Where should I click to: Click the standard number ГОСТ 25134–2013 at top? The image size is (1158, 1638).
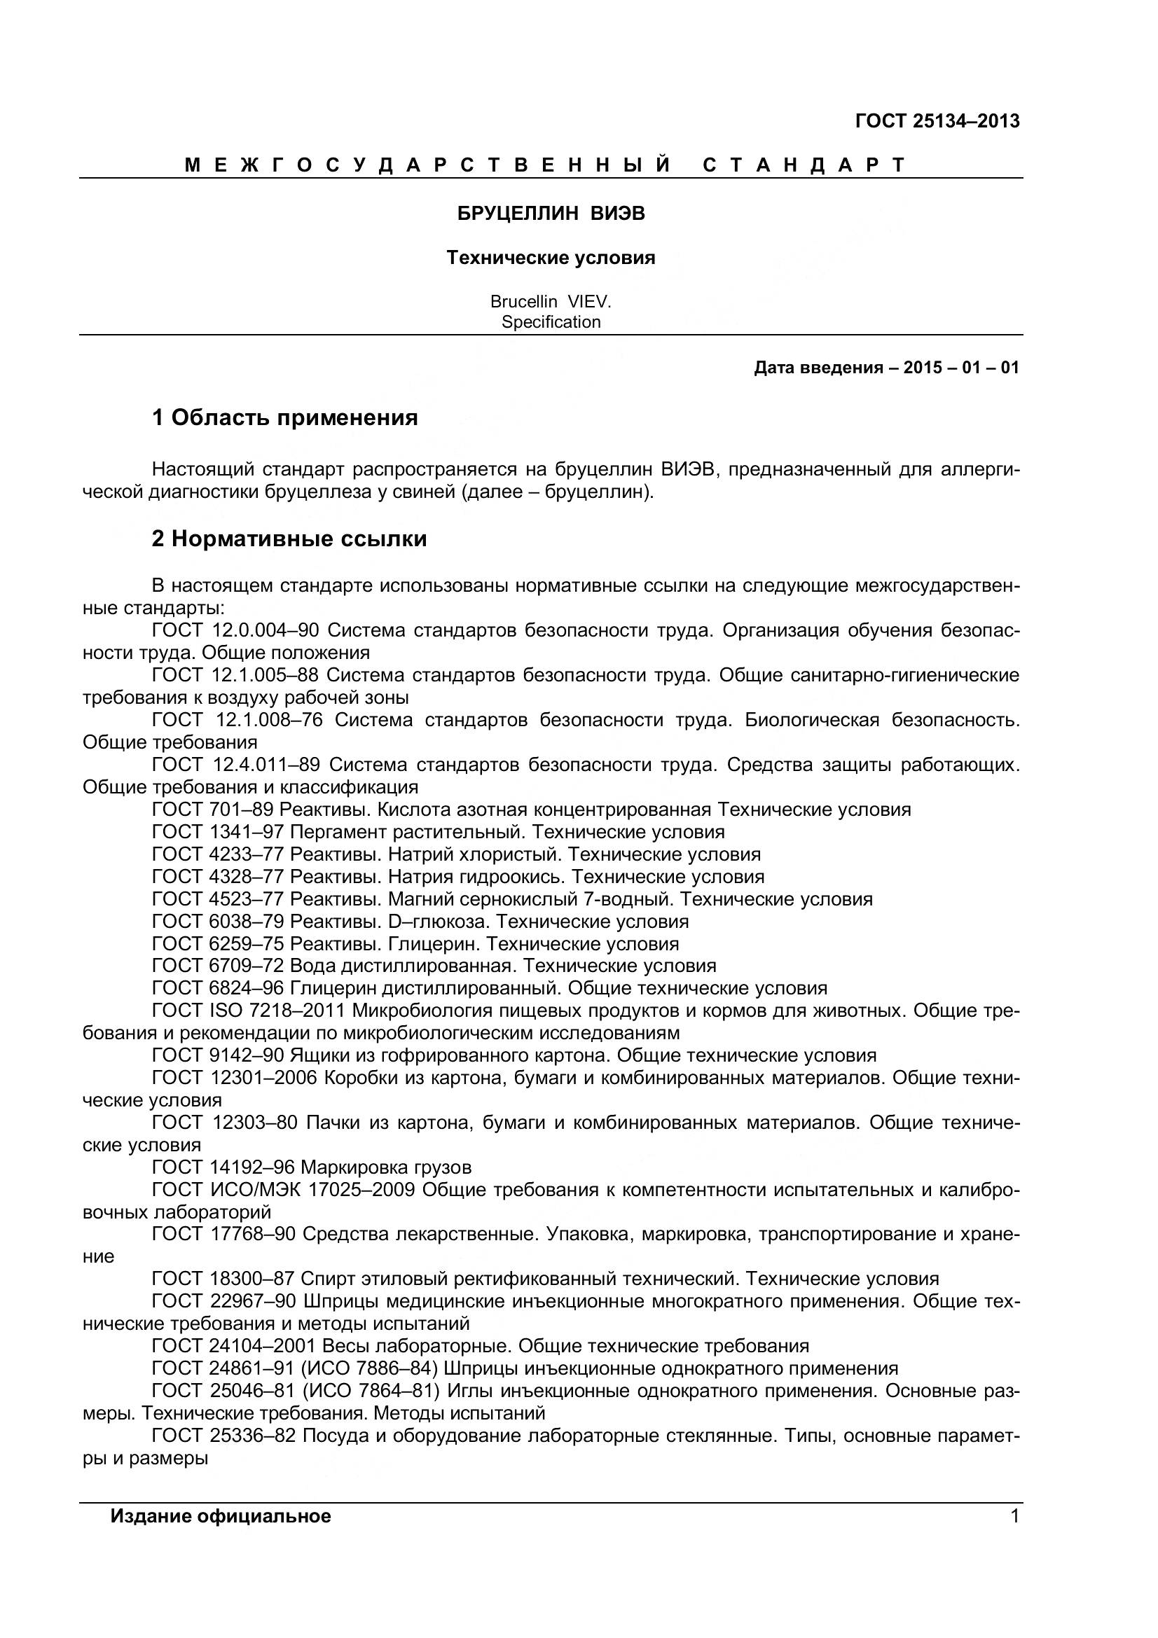coord(937,121)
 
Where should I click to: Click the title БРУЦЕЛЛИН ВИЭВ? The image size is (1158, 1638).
coord(551,214)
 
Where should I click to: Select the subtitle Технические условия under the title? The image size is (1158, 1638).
coord(551,258)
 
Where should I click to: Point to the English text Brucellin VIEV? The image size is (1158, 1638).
coord(551,302)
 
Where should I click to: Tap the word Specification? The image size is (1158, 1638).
coord(551,322)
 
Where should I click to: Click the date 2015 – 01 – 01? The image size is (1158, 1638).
coord(960,368)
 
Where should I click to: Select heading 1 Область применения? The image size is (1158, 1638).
coord(284,417)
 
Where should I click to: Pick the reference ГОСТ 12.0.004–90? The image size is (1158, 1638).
coord(235,631)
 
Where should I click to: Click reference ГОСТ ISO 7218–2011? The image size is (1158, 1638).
coord(249,1011)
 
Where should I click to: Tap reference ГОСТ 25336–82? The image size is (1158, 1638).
coord(224,1436)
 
